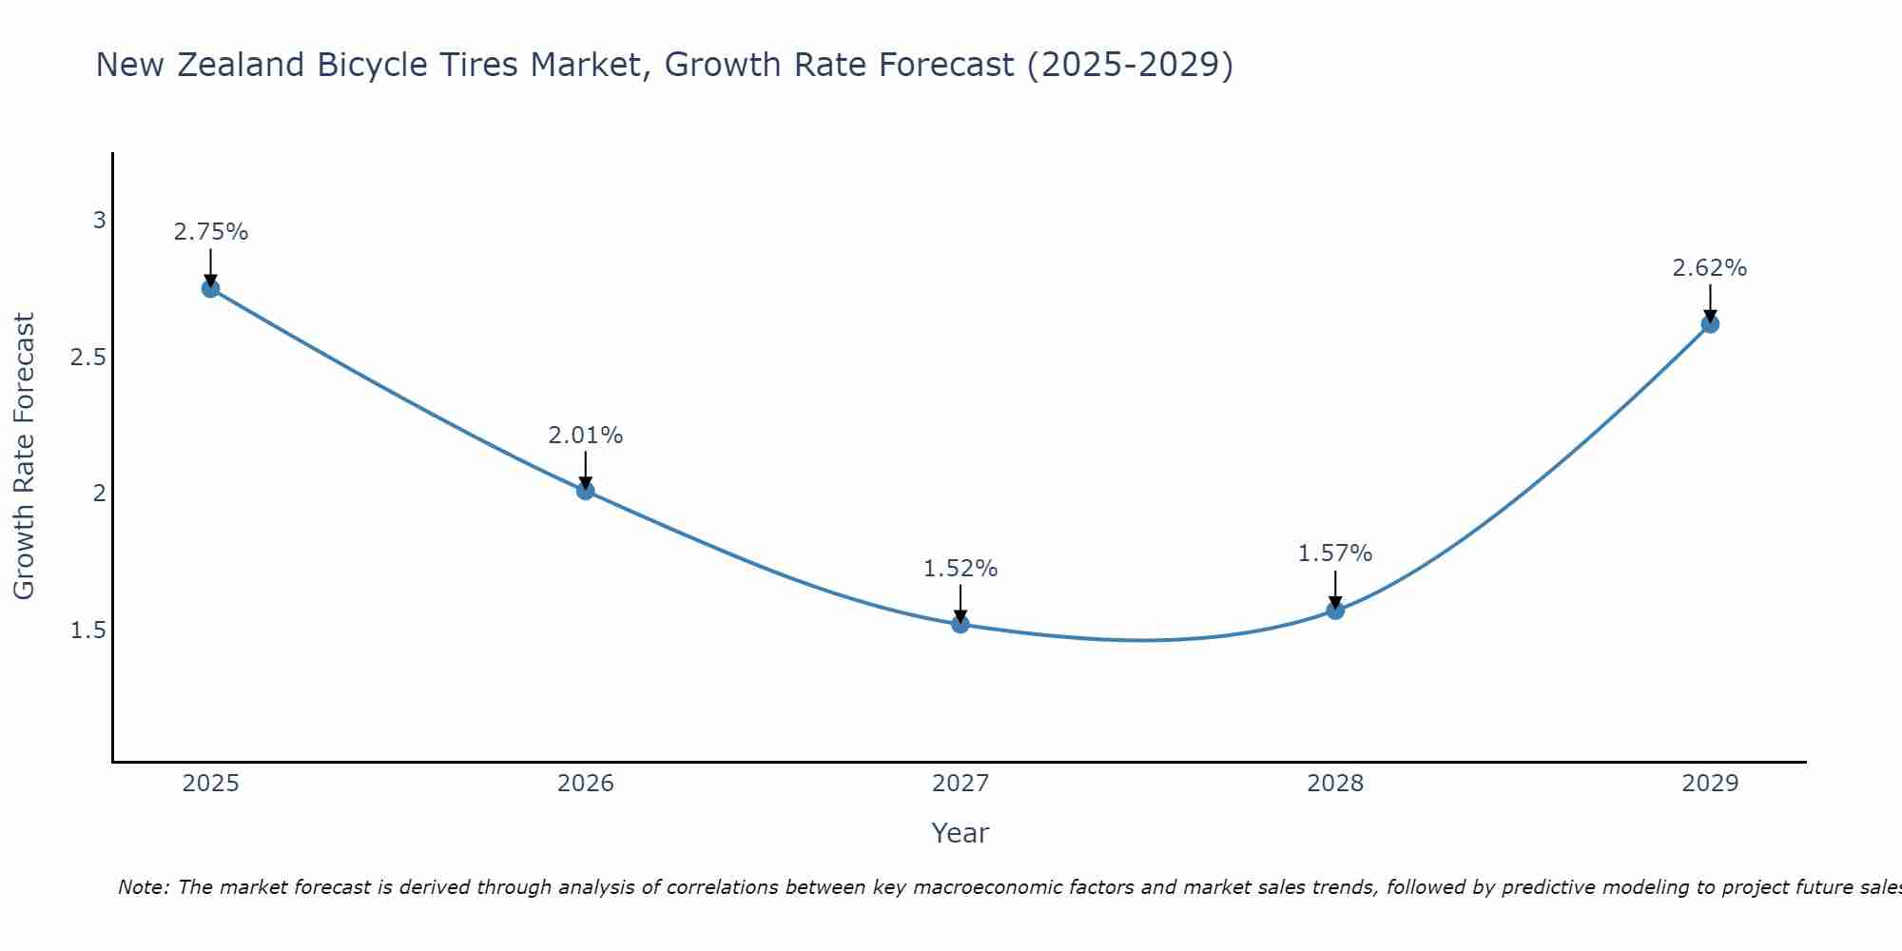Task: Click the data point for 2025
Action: click(x=211, y=288)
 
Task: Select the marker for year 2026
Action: click(x=586, y=491)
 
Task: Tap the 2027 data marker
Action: click(x=961, y=624)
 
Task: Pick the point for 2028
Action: click(x=1335, y=611)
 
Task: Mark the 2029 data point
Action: click(x=1710, y=324)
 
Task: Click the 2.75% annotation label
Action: click(x=211, y=232)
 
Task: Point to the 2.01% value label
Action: click(x=586, y=436)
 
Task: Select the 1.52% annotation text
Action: click(x=961, y=569)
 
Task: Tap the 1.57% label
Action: click(x=1335, y=553)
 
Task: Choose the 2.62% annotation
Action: click(x=1710, y=268)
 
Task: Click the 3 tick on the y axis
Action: click(x=99, y=221)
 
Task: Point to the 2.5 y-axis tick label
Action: click(x=88, y=358)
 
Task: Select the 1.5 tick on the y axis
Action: click(x=88, y=631)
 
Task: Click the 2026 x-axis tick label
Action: click(x=586, y=784)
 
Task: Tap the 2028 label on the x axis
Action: click(x=1335, y=784)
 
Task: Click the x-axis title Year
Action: click(x=961, y=833)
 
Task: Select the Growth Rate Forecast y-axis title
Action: click(x=24, y=456)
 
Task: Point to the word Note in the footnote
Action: click(x=143, y=887)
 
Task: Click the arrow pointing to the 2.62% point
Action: click(x=1710, y=302)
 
